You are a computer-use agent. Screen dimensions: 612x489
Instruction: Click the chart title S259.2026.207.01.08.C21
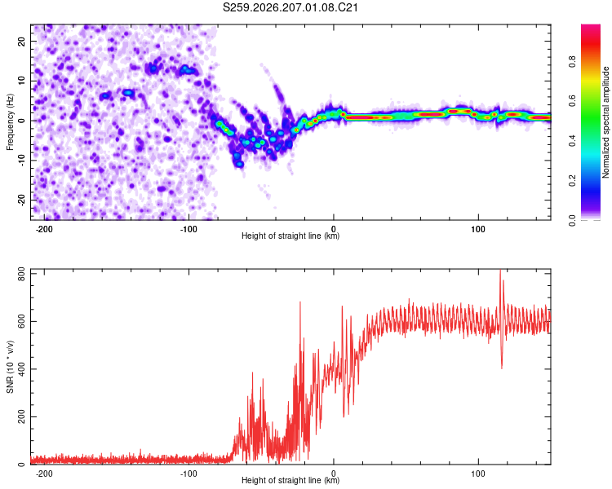coord(290,7)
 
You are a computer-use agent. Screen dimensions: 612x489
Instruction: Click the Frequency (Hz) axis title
coord(10,121)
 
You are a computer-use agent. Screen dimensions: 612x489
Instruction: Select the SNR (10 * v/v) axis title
coord(10,367)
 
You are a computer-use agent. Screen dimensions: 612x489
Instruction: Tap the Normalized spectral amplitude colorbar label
coord(605,122)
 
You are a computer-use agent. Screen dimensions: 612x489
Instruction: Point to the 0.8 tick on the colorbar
coord(572,62)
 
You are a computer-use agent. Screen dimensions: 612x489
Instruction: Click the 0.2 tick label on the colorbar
coord(572,181)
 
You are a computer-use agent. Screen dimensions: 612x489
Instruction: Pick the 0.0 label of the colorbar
coord(572,220)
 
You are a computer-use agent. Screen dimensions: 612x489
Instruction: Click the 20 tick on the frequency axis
coord(21,41)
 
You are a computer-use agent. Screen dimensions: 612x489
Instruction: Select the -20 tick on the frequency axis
coord(21,200)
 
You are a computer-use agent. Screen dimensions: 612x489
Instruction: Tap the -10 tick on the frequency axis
coord(21,161)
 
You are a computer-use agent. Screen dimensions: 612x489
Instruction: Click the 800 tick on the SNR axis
coord(21,274)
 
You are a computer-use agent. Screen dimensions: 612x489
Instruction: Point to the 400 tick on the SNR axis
coord(21,369)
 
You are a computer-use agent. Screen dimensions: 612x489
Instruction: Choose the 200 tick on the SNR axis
coord(21,416)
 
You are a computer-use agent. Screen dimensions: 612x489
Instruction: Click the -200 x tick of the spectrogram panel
coord(44,229)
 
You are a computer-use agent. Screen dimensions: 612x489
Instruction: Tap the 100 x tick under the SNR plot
coord(478,474)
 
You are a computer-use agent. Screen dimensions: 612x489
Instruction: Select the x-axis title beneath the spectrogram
coord(290,236)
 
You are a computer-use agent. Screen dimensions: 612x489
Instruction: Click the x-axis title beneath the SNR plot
coord(290,480)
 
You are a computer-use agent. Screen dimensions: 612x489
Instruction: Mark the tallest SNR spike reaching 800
coord(500,271)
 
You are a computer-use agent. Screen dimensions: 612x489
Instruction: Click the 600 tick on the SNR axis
coord(21,321)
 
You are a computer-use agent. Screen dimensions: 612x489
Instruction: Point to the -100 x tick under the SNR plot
coord(188,474)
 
